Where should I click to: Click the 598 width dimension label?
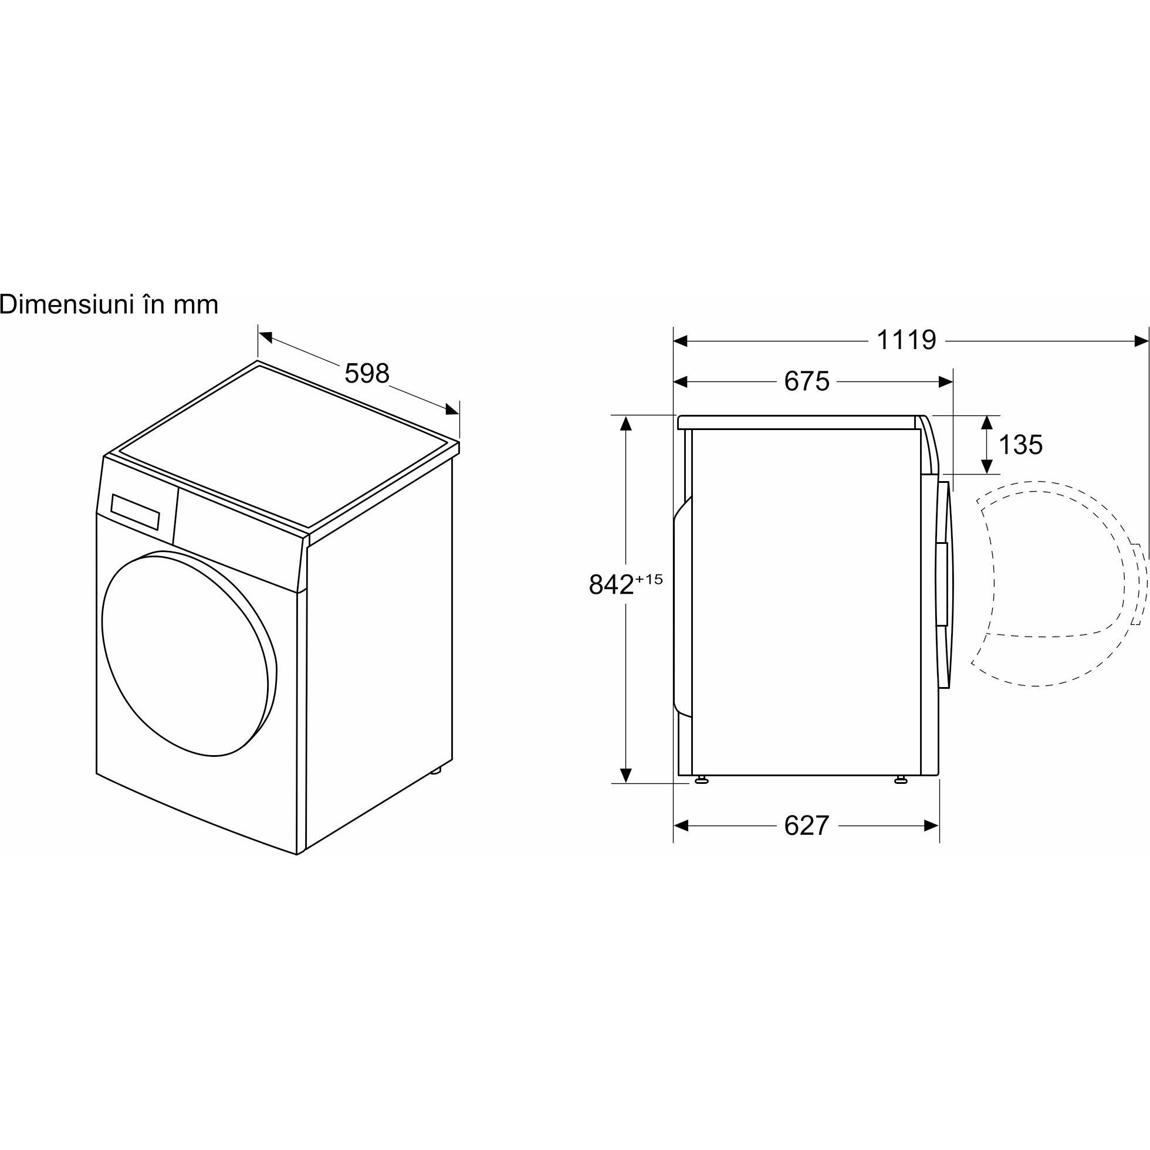pos(367,373)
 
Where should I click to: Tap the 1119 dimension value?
pos(907,340)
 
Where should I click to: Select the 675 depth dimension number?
pos(807,381)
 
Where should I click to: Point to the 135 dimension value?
pos(1020,445)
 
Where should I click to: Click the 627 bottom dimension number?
pos(807,826)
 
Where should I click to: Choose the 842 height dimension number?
pos(611,584)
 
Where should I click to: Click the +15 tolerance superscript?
pos(649,578)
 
